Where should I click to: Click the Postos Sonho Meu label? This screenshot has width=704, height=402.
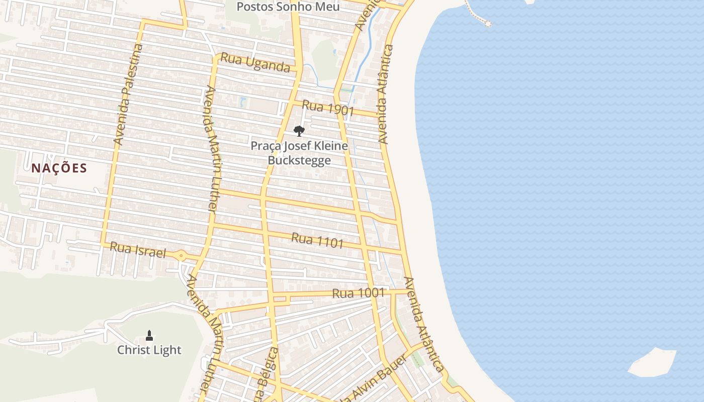click(x=288, y=7)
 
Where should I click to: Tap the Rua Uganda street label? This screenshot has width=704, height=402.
click(x=255, y=62)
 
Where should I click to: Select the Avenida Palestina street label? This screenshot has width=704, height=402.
click(x=129, y=95)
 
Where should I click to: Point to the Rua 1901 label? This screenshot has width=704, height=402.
click(x=328, y=108)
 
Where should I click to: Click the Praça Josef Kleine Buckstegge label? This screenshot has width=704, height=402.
click(x=299, y=153)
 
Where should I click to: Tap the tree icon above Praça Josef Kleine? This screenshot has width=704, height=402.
click(x=299, y=132)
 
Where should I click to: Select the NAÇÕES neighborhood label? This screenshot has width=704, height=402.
click(x=59, y=168)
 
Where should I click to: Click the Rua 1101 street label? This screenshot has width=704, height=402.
click(x=317, y=240)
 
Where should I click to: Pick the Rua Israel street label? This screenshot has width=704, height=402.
click(x=137, y=249)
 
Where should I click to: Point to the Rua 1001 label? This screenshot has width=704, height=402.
click(x=359, y=293)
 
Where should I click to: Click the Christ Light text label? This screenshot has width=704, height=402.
click(x=149, y=350)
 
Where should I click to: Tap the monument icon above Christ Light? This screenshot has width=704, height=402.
click(x=149, y=335)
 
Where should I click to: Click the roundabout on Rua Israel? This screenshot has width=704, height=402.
click(x=181, y=256)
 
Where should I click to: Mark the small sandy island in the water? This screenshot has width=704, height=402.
click(x=652, y=362)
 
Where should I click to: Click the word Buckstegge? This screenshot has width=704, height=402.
click(x=299, y=160)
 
